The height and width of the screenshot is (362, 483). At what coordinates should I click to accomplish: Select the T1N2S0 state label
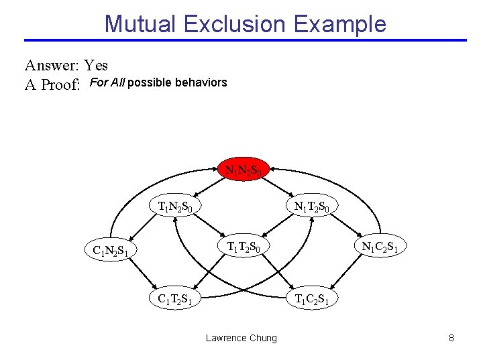(175, 206)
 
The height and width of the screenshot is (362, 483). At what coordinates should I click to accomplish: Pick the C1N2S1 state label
(111, 251)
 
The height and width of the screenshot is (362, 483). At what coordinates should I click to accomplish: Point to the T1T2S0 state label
(248, 247)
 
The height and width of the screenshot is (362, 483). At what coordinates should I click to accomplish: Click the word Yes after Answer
(97, 66)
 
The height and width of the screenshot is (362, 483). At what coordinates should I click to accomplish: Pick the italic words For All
(106, 83)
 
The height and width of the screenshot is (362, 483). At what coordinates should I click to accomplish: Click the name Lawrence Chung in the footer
(241, 338)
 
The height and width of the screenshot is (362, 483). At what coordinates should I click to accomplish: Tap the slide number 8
(451, 338)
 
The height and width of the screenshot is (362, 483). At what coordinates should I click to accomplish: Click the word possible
(149, 83)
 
